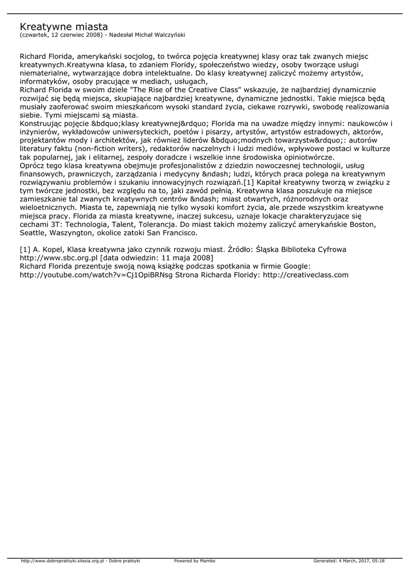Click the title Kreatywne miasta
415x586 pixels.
click(x=64, y=26)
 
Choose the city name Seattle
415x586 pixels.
click(x=33, y=233)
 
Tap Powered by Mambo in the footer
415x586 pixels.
click(x=195, y=561)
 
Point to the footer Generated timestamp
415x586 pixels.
click(x=349, y=561)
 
